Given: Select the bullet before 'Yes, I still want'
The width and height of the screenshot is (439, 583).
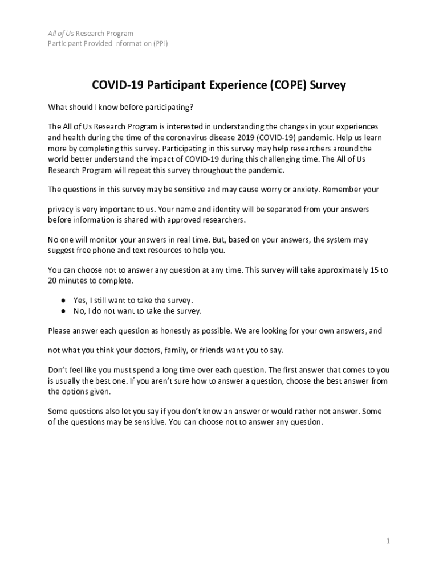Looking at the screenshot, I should [x=63, y=300].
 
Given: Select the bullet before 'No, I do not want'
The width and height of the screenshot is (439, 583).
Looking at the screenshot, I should [x=63, y=311].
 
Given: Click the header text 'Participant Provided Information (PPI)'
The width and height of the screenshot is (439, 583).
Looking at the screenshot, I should [x=108, y=43].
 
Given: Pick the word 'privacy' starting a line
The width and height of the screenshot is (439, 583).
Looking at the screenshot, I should [x=61, y=210].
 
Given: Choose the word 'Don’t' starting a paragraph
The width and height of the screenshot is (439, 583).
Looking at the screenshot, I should [x=58, y=369].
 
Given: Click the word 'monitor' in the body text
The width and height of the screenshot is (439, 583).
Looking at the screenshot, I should [x=95, y=240].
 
